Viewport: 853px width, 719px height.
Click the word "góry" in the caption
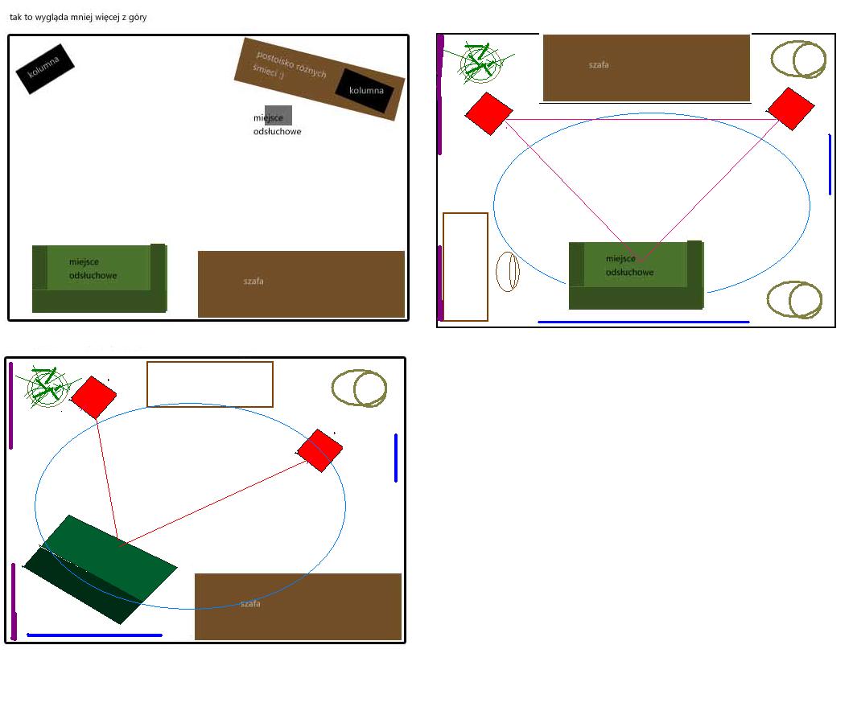click(x=138, y=18)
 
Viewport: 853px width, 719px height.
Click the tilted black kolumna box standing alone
click(x=45, y=68)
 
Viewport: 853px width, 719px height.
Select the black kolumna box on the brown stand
click(x=365, y=91)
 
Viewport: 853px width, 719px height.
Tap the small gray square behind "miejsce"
click(x=278, y=115)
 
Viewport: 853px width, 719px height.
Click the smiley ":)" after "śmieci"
click(x=281, y=75)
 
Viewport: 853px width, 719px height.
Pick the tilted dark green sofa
click(x=100, y=569)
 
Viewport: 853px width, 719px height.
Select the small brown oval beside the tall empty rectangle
click(x=508, y=271)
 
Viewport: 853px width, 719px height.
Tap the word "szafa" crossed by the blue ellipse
click(x=250, y=604)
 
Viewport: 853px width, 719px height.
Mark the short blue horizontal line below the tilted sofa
click(x=95, y=635)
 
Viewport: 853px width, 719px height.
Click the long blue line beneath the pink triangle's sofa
click(x=644, y=322)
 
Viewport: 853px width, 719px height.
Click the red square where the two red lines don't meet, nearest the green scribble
click(x=93, y=397)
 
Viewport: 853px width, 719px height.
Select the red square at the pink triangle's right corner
click(x=790, y=109)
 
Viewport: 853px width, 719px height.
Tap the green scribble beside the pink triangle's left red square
click(x=480, y=63)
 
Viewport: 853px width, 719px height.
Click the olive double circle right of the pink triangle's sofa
click(x=795, y=299)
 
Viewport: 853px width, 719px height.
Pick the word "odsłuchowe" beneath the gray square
click(x=277, y=132)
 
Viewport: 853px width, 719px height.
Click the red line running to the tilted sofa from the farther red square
click(x=212, y=503)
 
